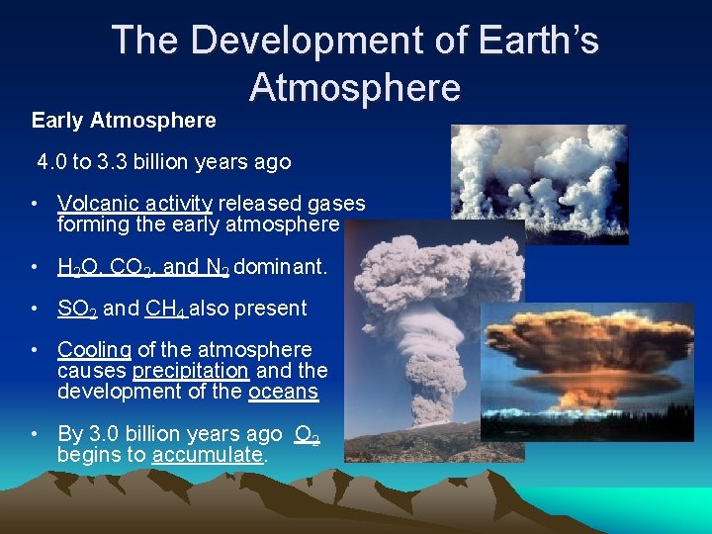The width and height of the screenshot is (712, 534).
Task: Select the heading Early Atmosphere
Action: pyautogui.click(x=124, y=121)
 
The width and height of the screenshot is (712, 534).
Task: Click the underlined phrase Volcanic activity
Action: pyautogui.click(x=134, y=204)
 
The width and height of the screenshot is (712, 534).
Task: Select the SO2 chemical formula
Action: pyautogui.click(x=76, y=309)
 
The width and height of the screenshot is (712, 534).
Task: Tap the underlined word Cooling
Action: pyautogui.click(x=94, y=350)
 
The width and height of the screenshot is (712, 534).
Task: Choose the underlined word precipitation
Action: pyautogui.click(x=190, y=371)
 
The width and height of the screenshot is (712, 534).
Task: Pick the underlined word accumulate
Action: pyautogui.click(x=208, y=455)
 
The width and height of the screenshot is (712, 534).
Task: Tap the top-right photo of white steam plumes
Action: pyautogui.click(x=539, y=183)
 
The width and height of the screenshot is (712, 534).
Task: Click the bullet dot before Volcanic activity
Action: pyautogui.click(x=35, y=204)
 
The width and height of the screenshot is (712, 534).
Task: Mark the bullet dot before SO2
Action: pyautogui.click(x=35, y=309)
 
